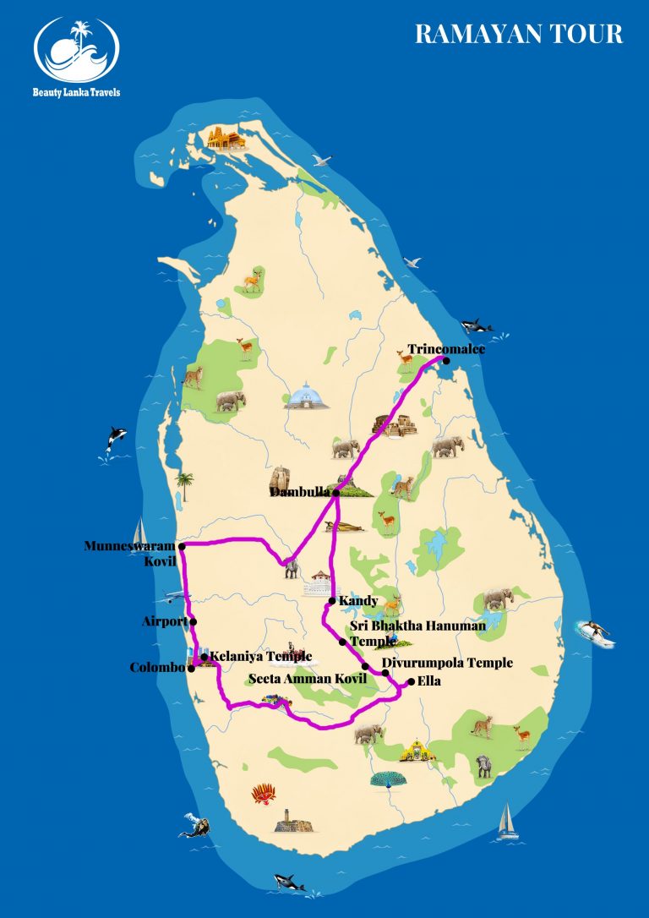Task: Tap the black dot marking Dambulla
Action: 336,492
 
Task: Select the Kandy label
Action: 357,601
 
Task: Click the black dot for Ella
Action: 411,681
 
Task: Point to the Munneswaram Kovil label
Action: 131,553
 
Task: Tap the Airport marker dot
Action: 194,622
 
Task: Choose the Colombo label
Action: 157,668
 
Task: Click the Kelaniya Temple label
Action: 260,656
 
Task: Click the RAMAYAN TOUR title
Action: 519,34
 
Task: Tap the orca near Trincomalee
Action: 477,325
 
